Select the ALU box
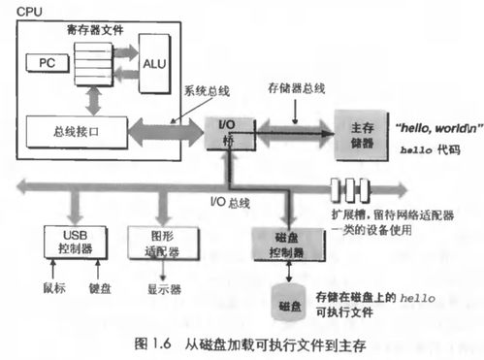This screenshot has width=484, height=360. (x=153, y=63)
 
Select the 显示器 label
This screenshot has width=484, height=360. (x=156, y=286)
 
